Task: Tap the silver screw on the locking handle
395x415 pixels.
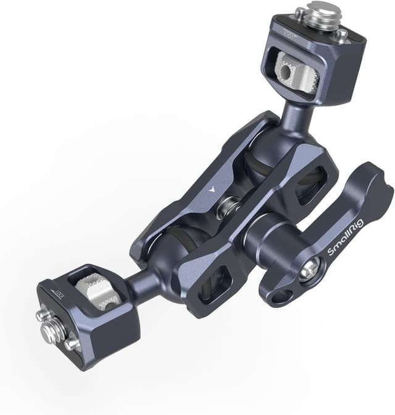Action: click(x=310, y=268)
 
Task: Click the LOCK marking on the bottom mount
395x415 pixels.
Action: click(x=60, y=290)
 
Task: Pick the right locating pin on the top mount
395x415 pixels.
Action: click(x=340, y=35)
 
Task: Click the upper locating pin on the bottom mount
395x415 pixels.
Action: click(x=43, y=314)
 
